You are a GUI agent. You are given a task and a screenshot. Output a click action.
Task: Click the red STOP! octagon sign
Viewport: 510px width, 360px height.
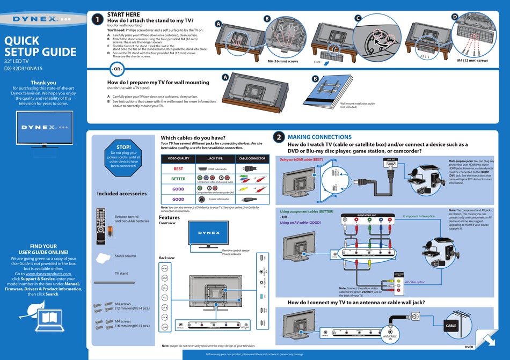(124, 156)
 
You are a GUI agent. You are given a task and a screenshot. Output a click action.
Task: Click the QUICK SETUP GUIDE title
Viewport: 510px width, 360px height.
(40, 46)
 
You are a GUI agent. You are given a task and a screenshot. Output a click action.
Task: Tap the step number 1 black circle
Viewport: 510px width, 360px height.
(97, 19)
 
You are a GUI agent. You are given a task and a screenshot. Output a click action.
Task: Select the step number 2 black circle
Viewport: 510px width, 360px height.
(279, 138)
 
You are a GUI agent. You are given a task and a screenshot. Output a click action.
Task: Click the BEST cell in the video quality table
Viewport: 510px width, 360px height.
(178, 168)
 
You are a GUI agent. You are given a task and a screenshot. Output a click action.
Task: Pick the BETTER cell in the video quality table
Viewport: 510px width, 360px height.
(178, 179)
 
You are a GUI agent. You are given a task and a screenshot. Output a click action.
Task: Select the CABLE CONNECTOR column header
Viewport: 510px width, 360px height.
(252, 159)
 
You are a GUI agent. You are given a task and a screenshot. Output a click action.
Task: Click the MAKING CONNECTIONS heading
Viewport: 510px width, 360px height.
(319, 137)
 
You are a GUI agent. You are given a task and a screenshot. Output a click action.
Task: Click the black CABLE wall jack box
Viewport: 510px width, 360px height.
(451, 325)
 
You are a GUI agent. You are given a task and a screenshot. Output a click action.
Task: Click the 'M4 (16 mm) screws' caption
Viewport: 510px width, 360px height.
(282, 61)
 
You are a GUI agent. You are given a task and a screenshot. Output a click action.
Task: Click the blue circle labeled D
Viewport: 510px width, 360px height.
(454, 17)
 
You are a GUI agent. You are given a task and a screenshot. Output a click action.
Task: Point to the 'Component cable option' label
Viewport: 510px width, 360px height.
(419, 216)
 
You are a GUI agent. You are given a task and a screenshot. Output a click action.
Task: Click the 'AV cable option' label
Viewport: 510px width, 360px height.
(414, 282)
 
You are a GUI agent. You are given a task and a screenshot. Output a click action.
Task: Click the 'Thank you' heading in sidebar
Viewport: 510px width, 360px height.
(43, 83)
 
